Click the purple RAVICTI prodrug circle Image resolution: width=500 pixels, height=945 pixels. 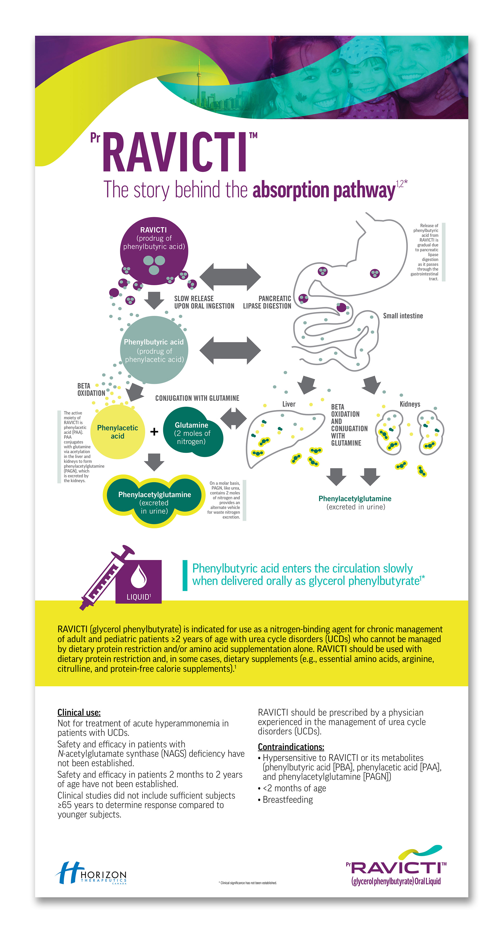pyautogui.click(x=154, y=251)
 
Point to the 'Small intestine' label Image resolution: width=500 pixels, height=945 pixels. pyautogui.click(x=403, y=316)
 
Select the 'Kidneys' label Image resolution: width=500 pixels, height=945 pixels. pyautogui.click(x=410, y=404)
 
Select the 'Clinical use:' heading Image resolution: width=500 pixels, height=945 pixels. pyautogui.click(x=79, y=712)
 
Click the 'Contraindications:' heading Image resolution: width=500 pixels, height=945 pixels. pyautogui.click(x=291, y=747)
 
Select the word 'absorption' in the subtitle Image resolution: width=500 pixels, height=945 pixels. pyautogui.click(x=291, y=190)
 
